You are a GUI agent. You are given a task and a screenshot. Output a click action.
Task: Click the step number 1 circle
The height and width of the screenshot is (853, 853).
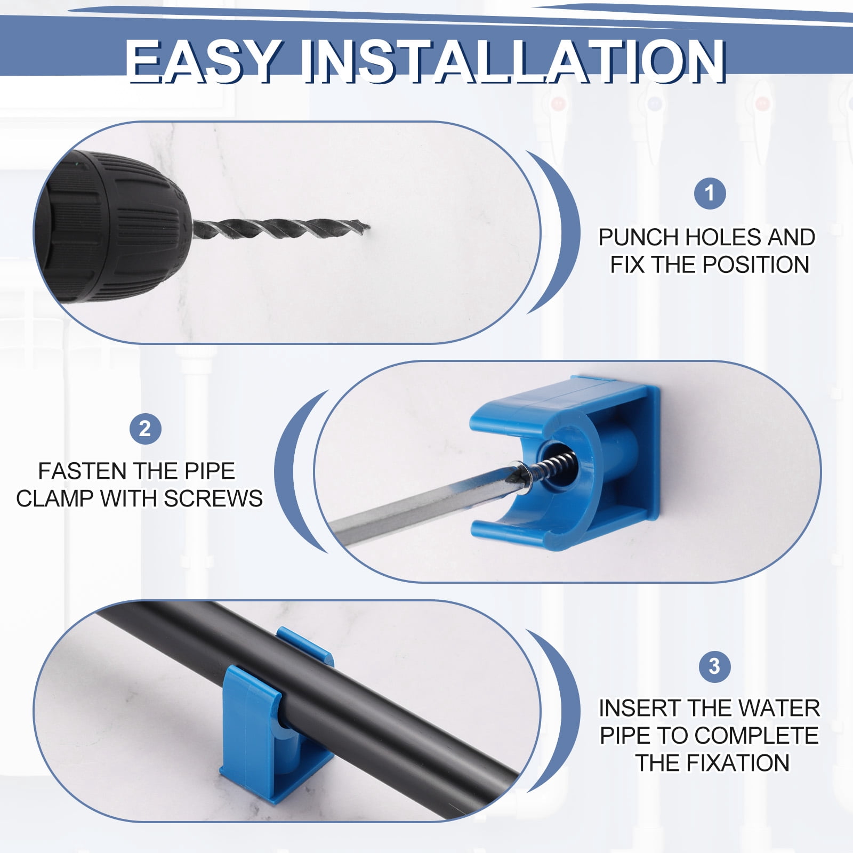click(x=710, y=193)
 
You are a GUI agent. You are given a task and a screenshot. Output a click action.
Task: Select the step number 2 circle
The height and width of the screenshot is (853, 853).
click(x=145, y=429)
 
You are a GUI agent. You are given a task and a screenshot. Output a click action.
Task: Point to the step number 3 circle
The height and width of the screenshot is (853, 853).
click(x=714, y=666)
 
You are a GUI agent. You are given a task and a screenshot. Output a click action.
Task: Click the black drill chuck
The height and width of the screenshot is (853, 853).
click(x=115, y=227)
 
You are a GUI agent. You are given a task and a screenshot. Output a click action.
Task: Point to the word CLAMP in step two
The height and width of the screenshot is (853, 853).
click(x=54, y=498)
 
